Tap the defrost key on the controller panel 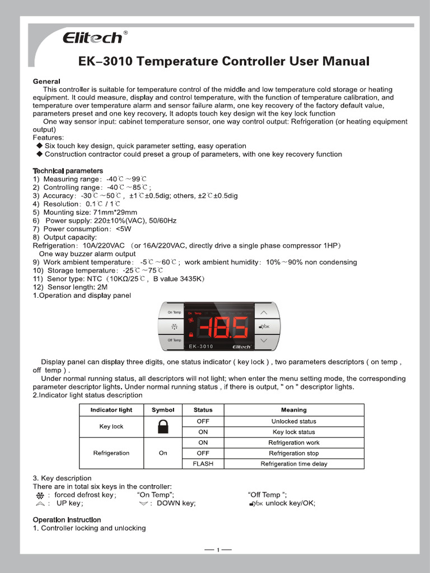point(174,327)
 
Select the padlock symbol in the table point(163,427)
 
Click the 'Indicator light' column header point(111,410)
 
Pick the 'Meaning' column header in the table point(293,410)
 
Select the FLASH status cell point(203,464)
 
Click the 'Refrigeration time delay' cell point(293,464)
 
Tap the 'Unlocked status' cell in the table point(293,421)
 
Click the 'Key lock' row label point(111,426)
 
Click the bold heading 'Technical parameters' point(68,171)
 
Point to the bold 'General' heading point(46,81)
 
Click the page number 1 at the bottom point(218,549)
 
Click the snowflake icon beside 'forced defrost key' point(40,495)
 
